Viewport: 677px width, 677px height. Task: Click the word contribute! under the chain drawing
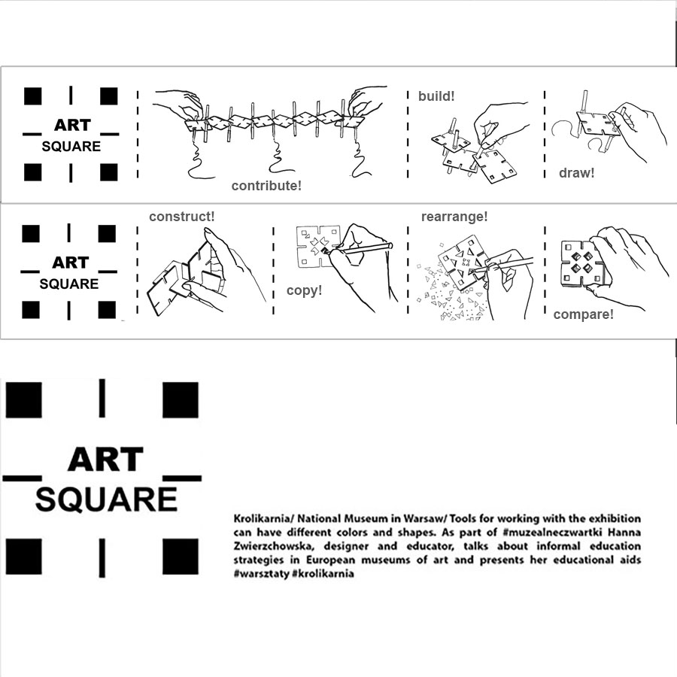(266, 186)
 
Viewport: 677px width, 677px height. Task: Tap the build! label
(436, 96)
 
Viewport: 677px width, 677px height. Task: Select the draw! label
(576, 173)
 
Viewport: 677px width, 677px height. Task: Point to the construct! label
(182, 217)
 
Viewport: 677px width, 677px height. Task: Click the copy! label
(305, 290)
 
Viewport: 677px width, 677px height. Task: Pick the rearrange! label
(454, 217)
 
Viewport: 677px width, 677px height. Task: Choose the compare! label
(583, 314)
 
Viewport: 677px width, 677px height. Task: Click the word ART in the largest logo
(105, 460)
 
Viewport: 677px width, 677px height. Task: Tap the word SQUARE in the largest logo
(106, 499)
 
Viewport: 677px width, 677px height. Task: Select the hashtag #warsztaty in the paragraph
(261, 574)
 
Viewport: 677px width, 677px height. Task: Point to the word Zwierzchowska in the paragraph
(274, 546)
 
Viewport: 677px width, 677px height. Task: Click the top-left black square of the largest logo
(24, 400)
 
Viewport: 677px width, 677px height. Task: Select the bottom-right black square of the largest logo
(181, 557)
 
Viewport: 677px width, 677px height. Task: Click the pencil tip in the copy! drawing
(323, 250)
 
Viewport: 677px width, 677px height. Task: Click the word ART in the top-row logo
(72, 125)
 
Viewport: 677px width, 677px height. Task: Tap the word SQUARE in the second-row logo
(69, 284)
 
